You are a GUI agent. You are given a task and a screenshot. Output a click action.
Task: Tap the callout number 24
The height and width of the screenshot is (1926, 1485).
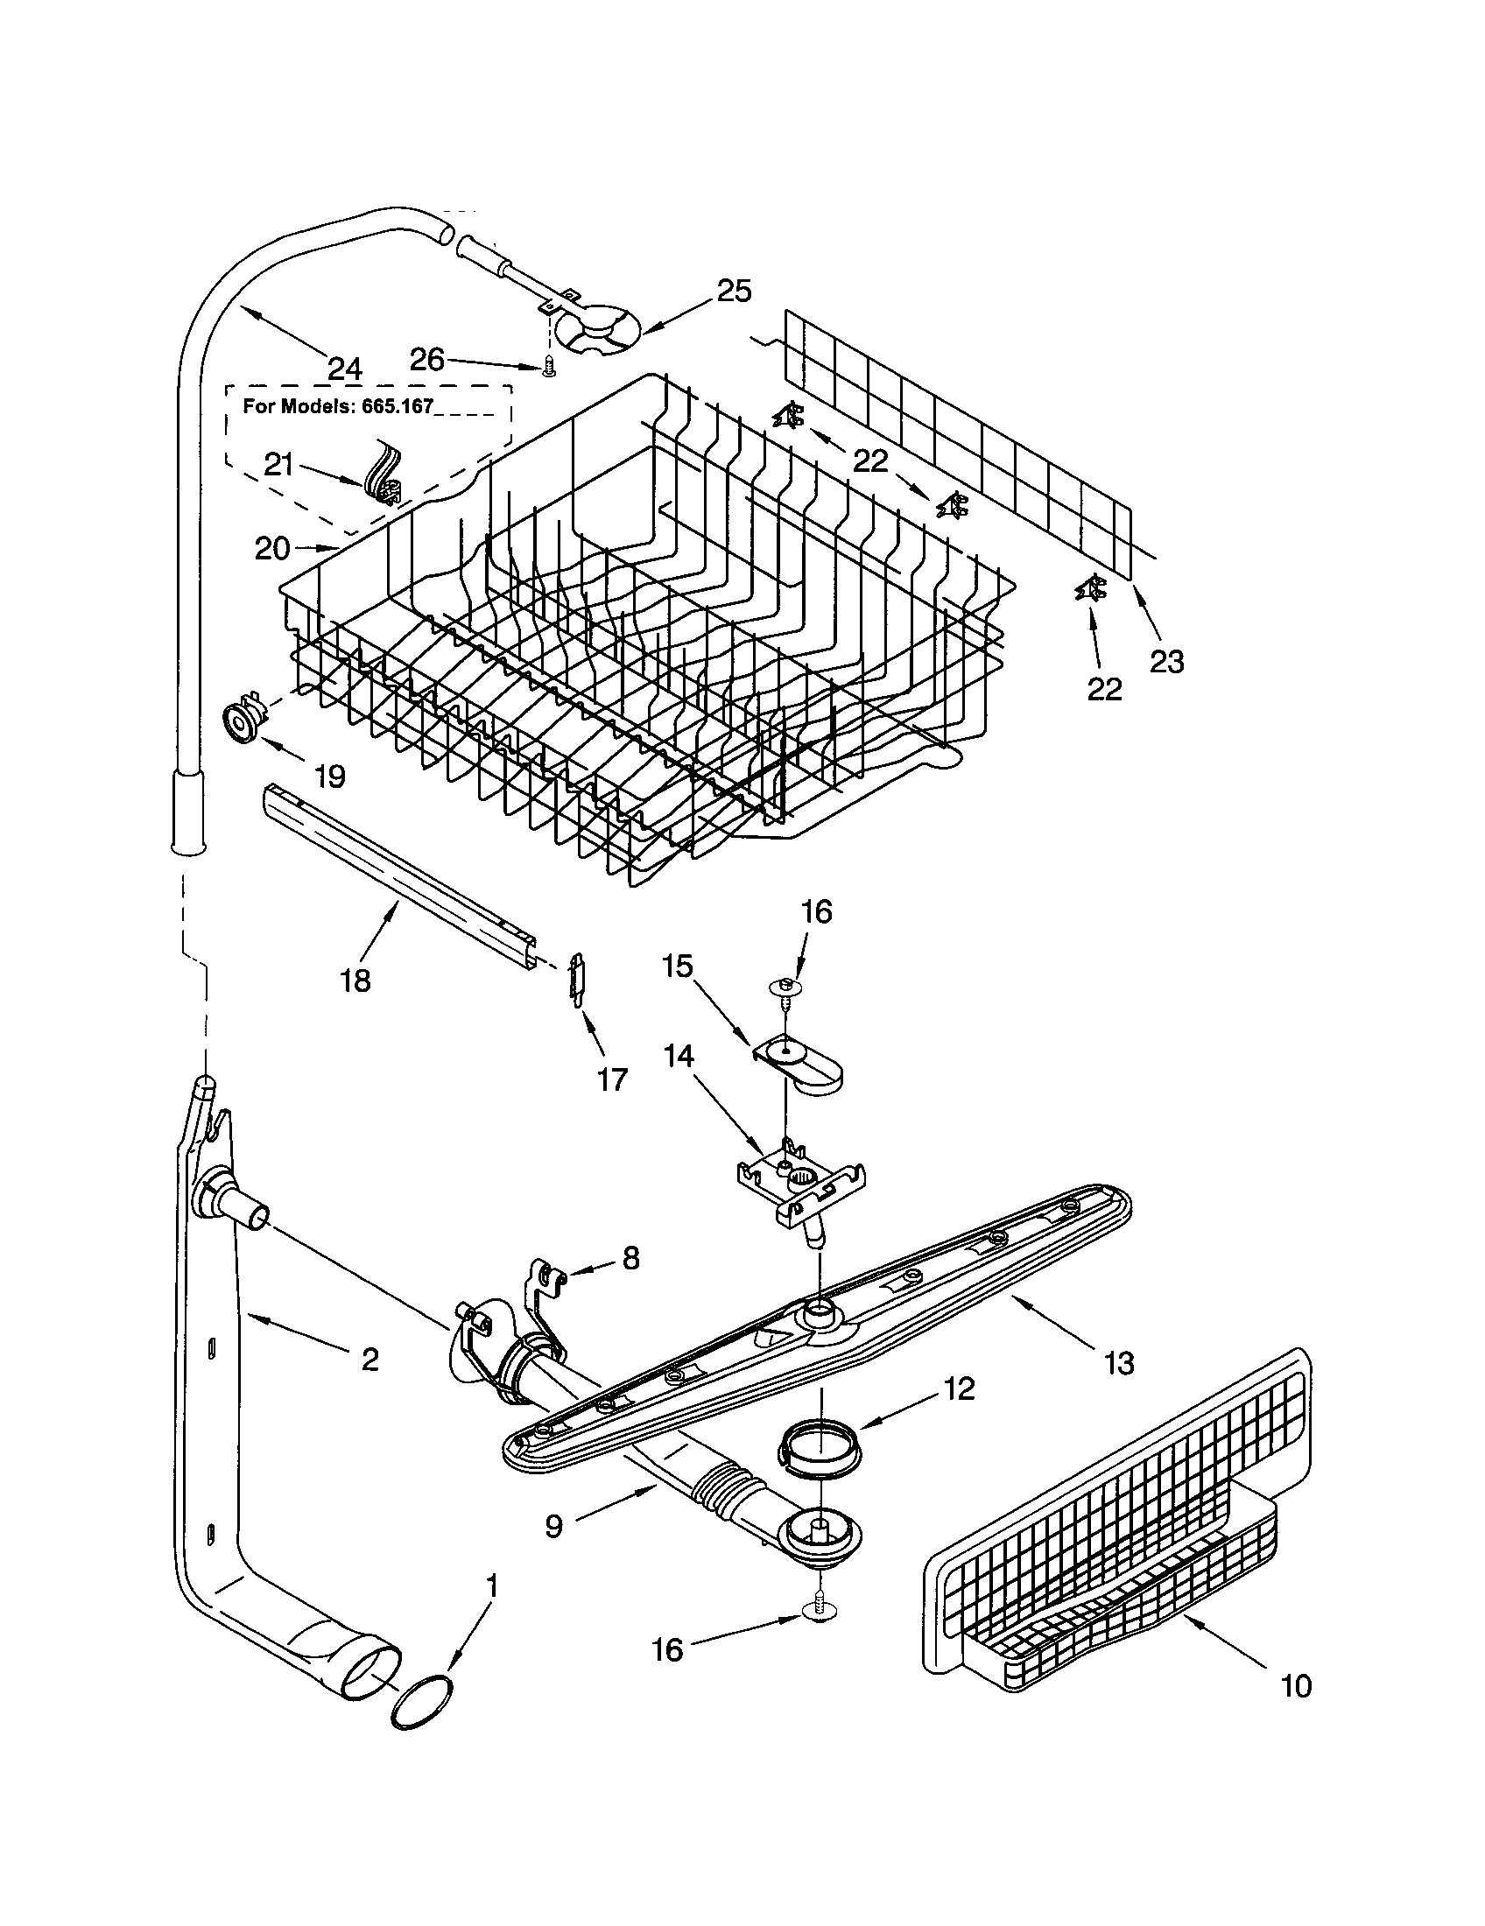coord(344,369)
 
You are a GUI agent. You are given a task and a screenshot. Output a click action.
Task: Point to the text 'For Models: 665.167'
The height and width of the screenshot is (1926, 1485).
coord(339,408)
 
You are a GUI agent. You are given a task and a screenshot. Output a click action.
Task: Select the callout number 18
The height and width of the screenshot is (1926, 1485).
coord(355,981)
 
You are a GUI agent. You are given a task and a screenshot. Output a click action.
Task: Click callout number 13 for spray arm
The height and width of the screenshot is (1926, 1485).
coord(1118,1363)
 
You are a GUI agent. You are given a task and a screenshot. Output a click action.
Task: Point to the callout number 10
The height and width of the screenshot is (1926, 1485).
coord(1295,1686)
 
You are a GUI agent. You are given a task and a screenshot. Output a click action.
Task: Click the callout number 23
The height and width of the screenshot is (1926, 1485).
coord(1166,661)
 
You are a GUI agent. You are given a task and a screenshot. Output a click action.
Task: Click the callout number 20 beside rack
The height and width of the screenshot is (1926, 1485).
coord(271,549)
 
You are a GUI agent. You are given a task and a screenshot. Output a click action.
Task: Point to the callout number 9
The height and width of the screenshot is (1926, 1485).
coord(552,1526)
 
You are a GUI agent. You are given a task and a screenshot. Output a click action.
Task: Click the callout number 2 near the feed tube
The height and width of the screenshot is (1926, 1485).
coord(369,1359)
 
